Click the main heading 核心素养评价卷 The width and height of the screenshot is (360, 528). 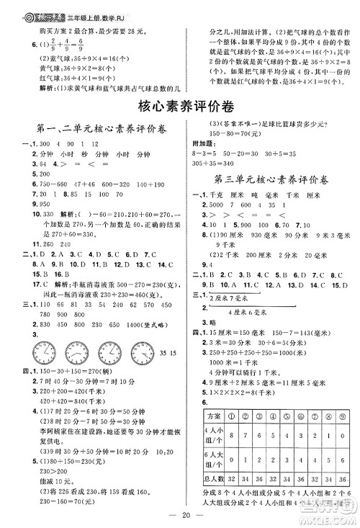click(x=180, y=106)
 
